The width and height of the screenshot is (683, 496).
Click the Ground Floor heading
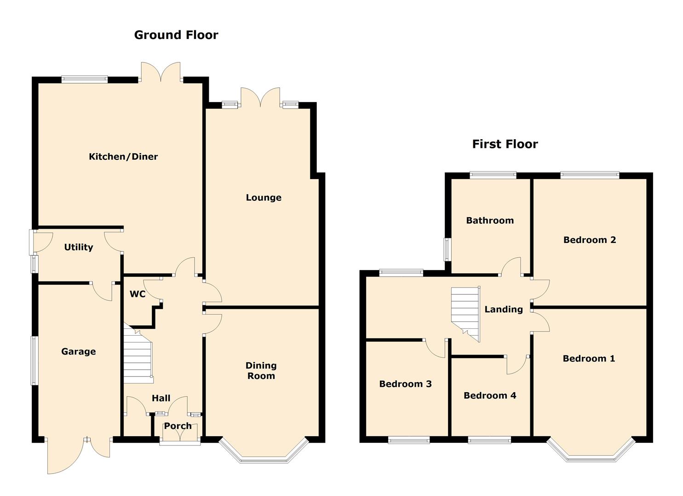coord(176,35)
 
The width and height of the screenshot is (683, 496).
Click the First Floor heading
coord(505,144)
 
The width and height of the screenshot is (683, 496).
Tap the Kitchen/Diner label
coord(123,157)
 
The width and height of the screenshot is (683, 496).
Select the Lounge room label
coord(264,197)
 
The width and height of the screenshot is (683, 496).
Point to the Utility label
coord(78,247)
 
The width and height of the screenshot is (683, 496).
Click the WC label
coord(138,294)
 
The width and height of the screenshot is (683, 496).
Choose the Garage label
coord(78,351)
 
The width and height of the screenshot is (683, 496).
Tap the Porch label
coord(178,426)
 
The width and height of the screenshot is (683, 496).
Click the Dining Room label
coord(261,371)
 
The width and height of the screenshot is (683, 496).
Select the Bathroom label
coord(490,220)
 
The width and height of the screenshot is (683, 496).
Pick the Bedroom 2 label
coord(589,240)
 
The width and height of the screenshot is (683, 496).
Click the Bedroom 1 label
coord(589,358)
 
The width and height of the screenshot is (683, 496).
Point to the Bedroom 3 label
coord(405,384)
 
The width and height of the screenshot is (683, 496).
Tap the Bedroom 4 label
coord(490,395)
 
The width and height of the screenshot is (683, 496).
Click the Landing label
coord(504,310)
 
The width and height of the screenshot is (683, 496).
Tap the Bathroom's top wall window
coord(493,175)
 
